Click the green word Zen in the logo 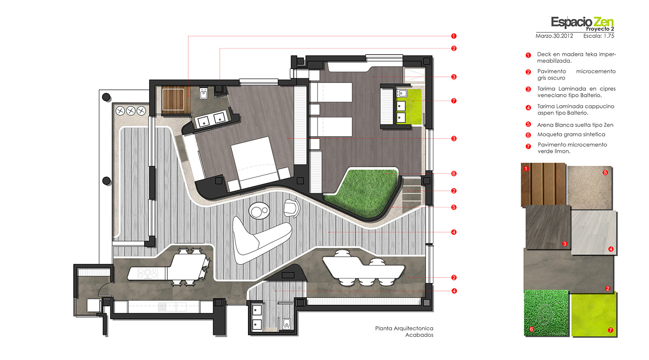604,22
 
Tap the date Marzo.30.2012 554,36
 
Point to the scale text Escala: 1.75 598,36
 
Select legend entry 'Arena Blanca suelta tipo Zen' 575,125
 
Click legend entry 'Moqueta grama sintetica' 571,134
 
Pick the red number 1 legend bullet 528,55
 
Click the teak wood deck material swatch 543,184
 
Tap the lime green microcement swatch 594,315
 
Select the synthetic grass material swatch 546,313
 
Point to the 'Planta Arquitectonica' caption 404,328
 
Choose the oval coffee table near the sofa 259,210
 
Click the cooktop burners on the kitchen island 147,273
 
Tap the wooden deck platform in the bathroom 173,100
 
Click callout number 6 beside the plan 454,173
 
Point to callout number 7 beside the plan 454,101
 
